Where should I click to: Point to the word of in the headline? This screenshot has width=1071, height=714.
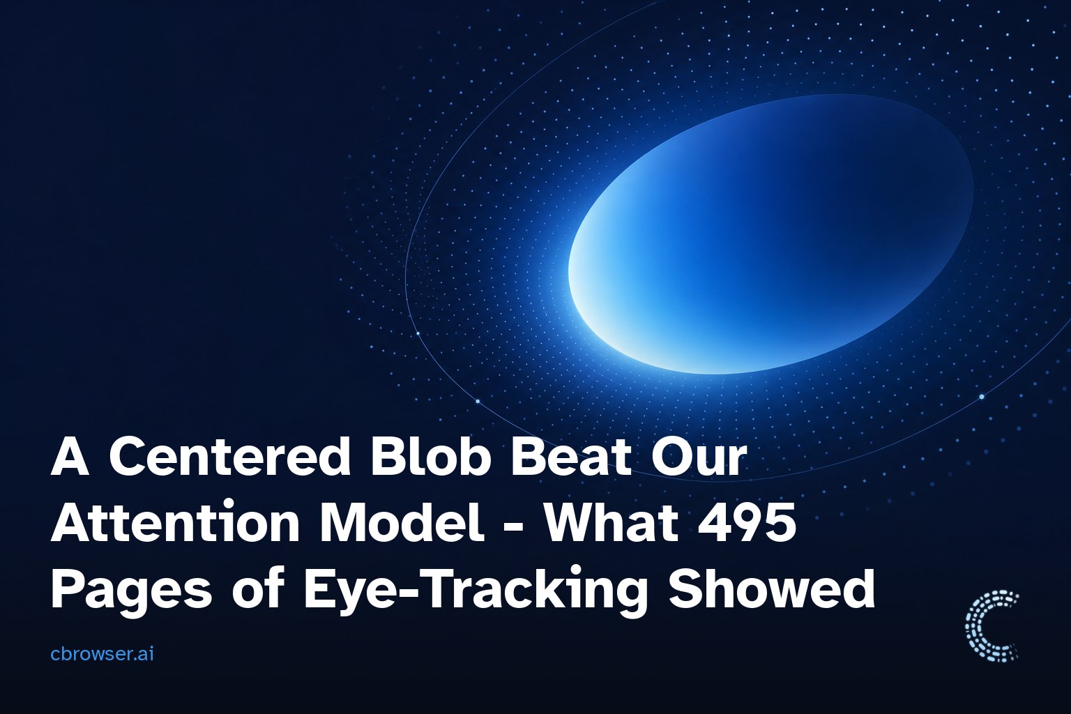(259, 587)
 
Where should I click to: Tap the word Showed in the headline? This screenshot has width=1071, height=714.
(771, 587)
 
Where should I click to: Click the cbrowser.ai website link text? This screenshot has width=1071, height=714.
(102, 654)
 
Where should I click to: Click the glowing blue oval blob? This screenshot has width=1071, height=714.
(770, 234)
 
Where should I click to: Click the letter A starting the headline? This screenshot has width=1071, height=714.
(70, 456)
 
